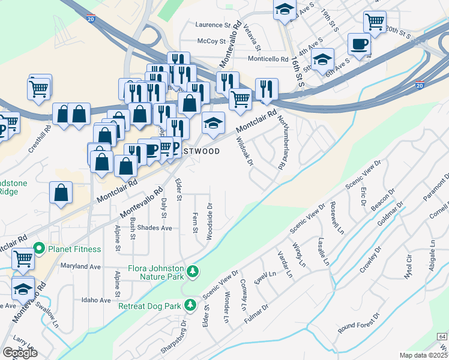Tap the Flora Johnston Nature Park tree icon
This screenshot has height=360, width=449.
(x=193, y=272)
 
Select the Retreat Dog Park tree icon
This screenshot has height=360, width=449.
(x=190, y=305)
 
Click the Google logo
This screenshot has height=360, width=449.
(x=20, y=353)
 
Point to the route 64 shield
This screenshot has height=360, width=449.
(x=442, y=338)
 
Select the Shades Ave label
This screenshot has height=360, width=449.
(x=154, y=228)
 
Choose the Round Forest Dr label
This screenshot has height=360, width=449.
(x=359, y=323)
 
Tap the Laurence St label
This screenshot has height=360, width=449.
(x=213, y=25)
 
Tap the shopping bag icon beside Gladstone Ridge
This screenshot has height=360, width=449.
(x=62, y=193)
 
